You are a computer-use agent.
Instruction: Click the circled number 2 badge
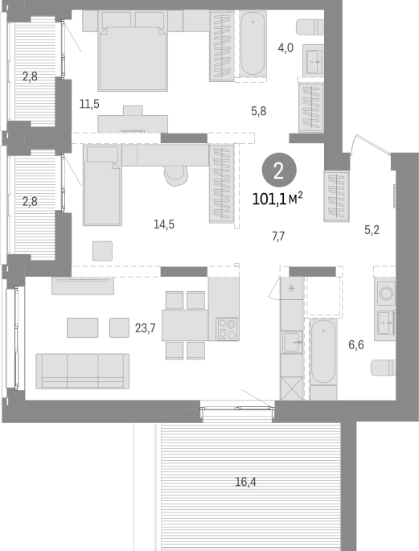pyautogui.click(x=279, y=171)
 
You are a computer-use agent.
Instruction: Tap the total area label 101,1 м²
pyautogui.click(x=277, y=199)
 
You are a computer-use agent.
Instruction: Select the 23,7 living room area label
pyautogui.click(x=145, y=328)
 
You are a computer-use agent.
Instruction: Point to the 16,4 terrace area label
pyautogui.click(x=245, y=482)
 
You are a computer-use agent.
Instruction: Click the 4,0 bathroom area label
pyautogui.click(x=285, y=47)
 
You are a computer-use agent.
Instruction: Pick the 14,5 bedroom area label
pyautogui.click(x=164, y=224)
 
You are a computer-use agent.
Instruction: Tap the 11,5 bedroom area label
pyautogui.click(x=89, y=104)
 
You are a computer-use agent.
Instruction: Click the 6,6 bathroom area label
pyautogui.click(x=355, y=345)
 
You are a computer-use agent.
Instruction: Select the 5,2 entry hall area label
pyautogui.click(x=372, y=230)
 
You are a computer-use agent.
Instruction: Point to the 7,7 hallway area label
pyautogui.click(x=278, y=236)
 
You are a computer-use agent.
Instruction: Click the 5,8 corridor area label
pyautogui.click(x=258, y=111)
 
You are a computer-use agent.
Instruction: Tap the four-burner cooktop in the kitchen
pyautogui.click(x=228, y=329)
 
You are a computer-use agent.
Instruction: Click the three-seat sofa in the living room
pyautogui.click(x=83, y=371)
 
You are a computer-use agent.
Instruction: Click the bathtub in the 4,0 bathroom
pyautogui.click(x=253, y=43)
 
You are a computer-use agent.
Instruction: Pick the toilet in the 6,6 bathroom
pyautogui.click(x=383, y=368)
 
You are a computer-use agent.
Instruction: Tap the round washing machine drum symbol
pyautogui.click(x=386, y=292)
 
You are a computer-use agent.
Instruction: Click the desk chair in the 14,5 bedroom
pyautogui.click(x=175, y=175)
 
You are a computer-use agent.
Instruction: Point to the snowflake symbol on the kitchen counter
pyautogui.click(x=291, y=289)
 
